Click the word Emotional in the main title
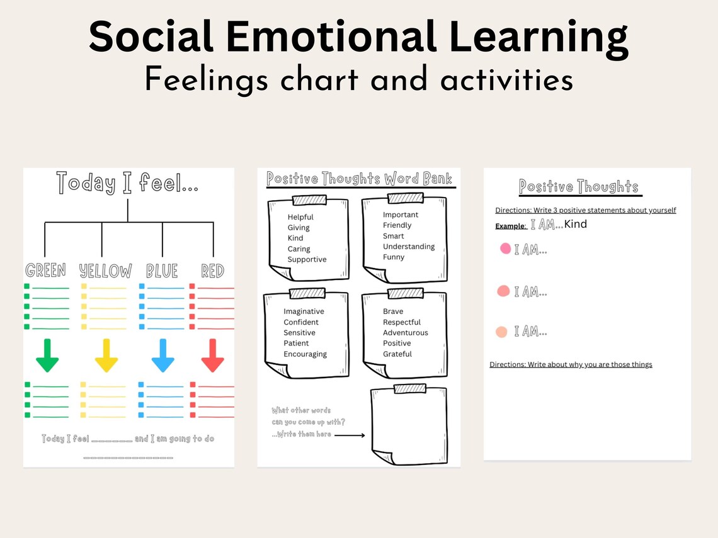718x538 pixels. [330, 38]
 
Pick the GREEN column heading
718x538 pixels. [45, 271]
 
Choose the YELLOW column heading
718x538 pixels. [106, 271]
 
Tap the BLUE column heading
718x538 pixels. [162, 271]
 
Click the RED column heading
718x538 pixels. [213, 271]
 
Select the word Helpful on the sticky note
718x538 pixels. [300, 217]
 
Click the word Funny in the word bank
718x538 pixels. [394, 257]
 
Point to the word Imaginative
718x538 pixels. [304, 311]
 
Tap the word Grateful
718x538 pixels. [397, 354]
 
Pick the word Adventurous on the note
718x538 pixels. [405, 332]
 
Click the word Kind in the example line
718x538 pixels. [576, 224]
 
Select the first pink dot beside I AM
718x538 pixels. [505, 249]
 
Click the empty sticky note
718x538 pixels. [409, 424]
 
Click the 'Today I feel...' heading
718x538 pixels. [128, 182]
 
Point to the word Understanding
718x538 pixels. [409, 246]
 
